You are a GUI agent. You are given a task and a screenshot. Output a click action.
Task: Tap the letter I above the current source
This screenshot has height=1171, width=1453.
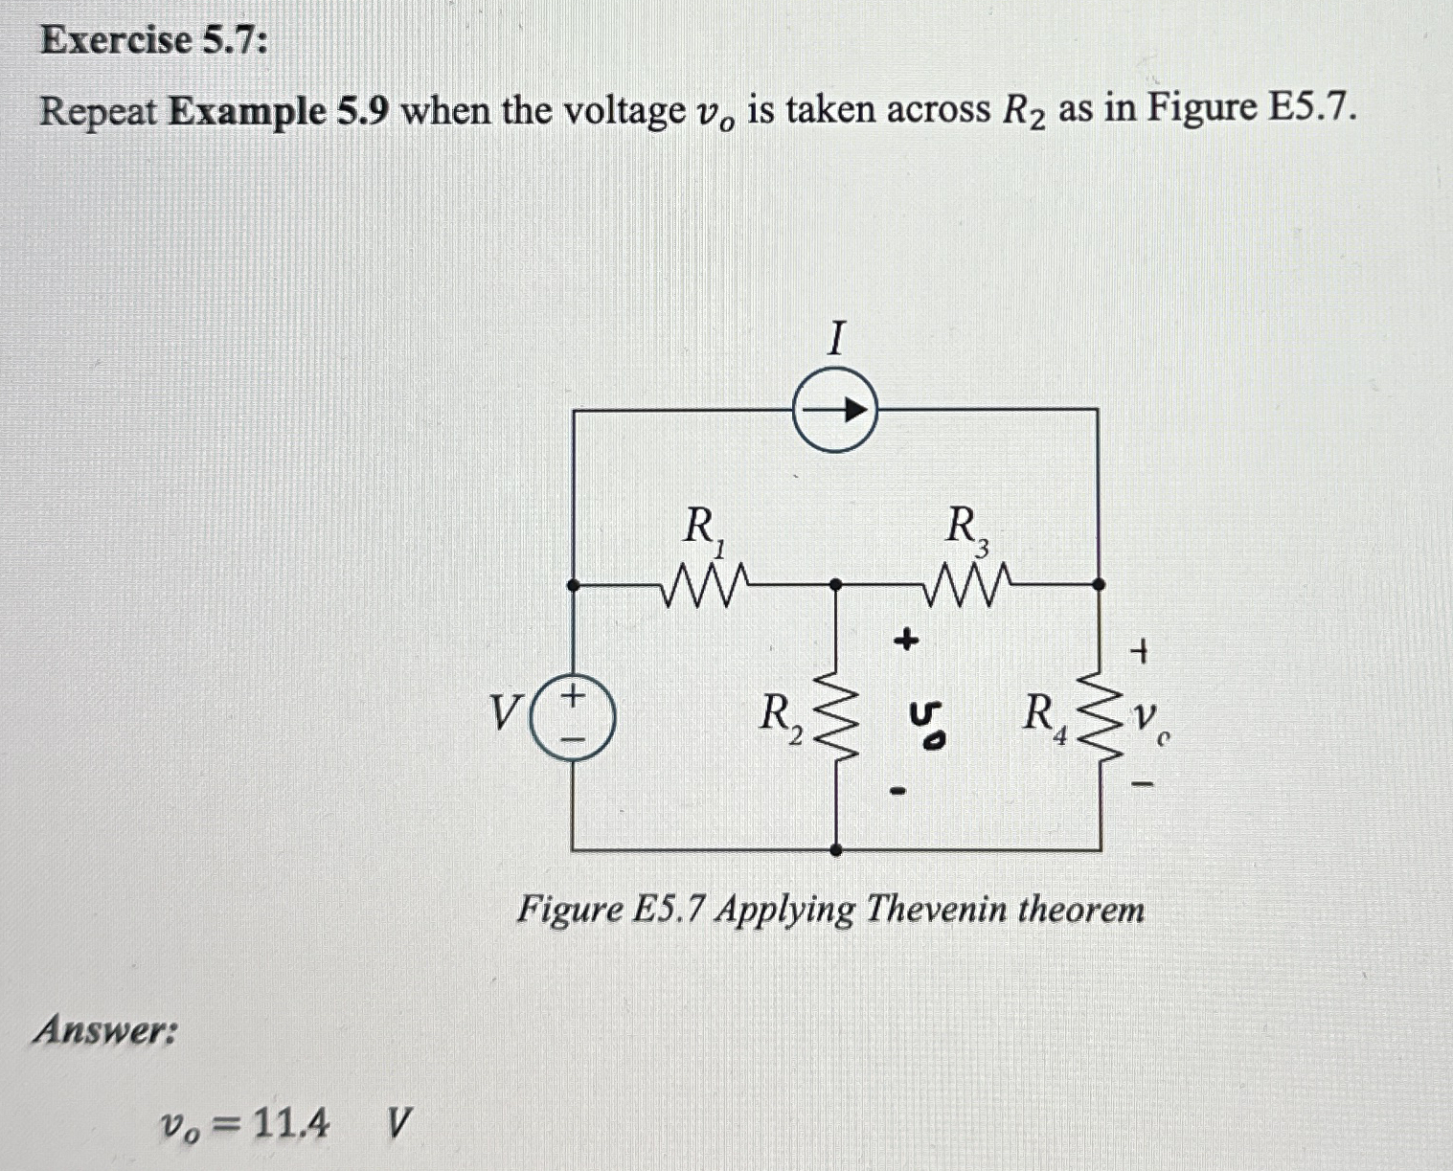837,338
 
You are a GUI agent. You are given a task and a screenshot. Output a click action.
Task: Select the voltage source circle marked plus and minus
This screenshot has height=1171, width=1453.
572,714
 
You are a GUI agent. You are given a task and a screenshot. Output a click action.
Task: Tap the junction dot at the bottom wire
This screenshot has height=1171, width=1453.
836,849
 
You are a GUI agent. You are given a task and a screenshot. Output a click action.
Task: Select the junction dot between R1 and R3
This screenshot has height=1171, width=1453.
836,583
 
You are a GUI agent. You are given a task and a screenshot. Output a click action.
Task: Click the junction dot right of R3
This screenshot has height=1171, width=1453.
1099,583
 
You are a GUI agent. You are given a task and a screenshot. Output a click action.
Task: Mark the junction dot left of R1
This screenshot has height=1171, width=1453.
573,583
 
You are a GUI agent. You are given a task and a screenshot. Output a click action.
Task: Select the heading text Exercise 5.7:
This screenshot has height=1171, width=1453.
154,40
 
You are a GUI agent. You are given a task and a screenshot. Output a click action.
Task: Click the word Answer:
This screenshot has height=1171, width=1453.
105,1031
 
